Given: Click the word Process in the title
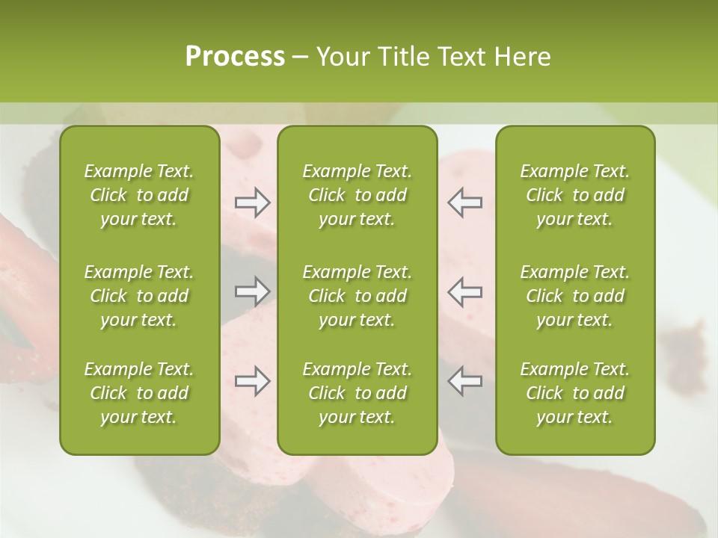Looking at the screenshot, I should click(x=235, y=57).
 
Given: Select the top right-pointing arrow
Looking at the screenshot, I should click(x=252, y=202).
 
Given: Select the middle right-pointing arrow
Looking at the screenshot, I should click(x=252, y=291).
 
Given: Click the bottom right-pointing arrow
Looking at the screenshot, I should click(x=252, y=381).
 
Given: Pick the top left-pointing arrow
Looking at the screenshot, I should click(x=464, y=202).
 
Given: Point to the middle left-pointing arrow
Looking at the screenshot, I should click(x=464, y=291).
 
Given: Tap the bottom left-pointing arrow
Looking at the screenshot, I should click(x=464, y=381).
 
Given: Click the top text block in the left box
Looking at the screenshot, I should click(x=139, y=195).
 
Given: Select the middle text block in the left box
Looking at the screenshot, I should click(x=139, y=296).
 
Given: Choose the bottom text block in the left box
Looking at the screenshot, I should click(x=139, y=393).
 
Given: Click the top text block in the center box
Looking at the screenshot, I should click(x=357, y=195).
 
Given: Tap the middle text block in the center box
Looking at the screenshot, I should click(x=357, y=296).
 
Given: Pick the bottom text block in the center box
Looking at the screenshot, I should click(x=357, y=393).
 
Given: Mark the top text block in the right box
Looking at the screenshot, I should click(x=574, y=195).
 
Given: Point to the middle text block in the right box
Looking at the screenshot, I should click(x=574, y=296).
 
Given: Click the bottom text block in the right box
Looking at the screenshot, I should click(x=574, y=393).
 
